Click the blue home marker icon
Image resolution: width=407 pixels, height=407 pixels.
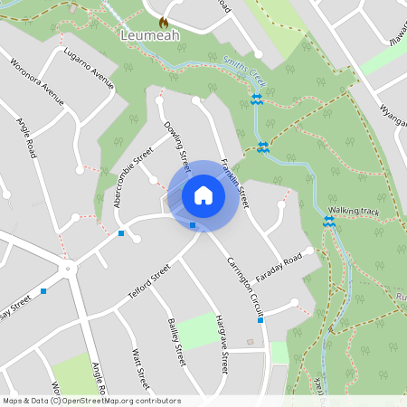203,194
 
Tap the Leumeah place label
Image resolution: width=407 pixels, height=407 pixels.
149,35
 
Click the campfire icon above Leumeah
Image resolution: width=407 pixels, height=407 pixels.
163,21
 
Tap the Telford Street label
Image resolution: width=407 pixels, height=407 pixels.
149,282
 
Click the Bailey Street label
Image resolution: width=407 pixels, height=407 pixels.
175,342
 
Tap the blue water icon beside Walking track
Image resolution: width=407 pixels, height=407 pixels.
328,221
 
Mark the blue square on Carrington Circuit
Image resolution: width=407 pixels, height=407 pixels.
260,320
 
